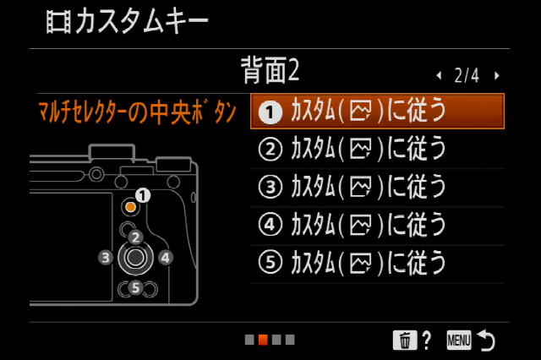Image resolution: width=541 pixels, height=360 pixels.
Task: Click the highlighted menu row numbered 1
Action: pos(377,111)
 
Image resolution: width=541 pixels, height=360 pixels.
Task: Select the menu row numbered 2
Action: pos(377,149)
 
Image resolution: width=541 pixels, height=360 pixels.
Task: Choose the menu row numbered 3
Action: pos(377,188)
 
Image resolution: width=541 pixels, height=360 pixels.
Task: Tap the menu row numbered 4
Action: pos(377,226)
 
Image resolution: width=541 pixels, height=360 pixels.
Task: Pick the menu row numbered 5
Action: pos(377,264)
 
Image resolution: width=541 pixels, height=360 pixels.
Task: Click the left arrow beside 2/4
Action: pos(439,75)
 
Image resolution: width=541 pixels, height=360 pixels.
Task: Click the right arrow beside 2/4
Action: pos(497,75)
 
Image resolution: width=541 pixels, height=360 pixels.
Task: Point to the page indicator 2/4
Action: pos(467,75)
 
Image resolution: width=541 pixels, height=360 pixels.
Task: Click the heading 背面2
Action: pos(270,70)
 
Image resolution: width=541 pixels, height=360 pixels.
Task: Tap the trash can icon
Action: pos(405,340)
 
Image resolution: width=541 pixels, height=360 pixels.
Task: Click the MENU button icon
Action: pos(459,341)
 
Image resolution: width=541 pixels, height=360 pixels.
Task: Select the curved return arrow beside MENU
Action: pos(486,340)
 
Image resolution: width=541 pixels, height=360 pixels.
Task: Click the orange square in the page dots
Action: pos(263,340)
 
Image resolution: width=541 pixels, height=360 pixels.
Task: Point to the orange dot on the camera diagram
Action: pos(131,207)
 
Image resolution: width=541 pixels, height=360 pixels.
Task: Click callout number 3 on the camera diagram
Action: pos(106,257)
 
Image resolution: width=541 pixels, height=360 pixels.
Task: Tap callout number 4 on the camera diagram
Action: pos(166,258)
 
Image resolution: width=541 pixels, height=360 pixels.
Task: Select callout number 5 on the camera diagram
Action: pos(135,287)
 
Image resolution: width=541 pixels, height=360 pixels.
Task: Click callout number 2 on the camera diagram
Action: pos(135,237)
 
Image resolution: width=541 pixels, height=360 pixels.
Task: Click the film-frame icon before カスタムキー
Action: pos(58,22)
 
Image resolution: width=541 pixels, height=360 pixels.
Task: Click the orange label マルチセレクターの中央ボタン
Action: pos(137,112)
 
